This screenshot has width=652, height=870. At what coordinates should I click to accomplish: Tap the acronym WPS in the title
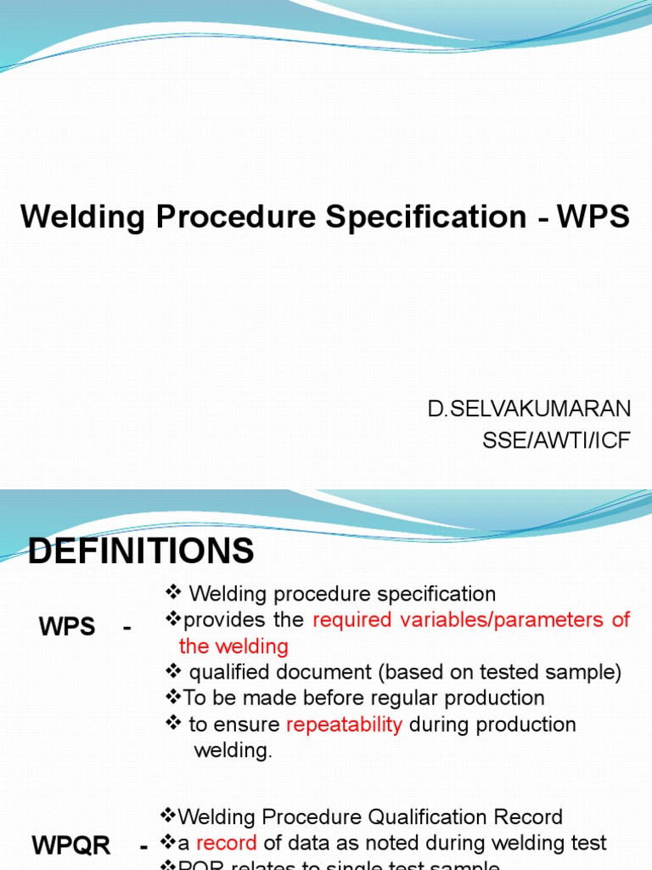pyautogui.click(x=593, y=217)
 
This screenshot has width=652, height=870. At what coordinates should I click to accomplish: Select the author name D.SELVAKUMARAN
pyautogui.click(x=529, y=409)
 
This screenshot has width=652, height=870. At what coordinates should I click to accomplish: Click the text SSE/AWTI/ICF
pyautogui.click(x=555, y=442)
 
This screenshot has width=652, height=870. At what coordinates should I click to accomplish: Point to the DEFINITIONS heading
pyautogui.click(x=141, y=551)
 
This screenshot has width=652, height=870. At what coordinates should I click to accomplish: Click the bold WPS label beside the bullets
pyautogui.click(x=67, y=628)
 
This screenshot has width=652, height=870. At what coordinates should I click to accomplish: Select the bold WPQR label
pyautogui.click(x=71, y=845)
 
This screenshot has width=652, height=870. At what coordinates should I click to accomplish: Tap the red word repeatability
pyautogui.click(x=344, y=725)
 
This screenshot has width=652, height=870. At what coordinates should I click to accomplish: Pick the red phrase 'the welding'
pyautogui.click(x=233, y=646)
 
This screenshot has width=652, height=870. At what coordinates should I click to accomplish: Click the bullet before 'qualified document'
pyautogui.click(x=171, y=672)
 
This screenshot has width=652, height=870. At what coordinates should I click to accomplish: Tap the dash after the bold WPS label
pyautogui.click(x=127, y=628)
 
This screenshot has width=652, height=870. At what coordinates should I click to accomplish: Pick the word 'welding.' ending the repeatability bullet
pyautogui.click(x=233, y=751)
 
